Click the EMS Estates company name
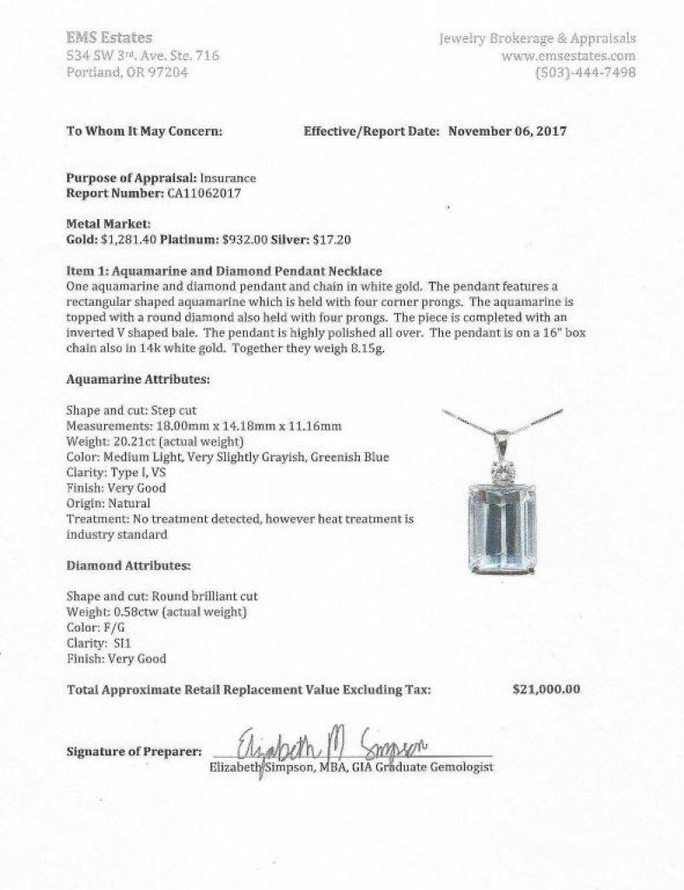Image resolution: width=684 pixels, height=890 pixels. (110, 37)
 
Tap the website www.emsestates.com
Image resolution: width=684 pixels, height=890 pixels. (568, 56)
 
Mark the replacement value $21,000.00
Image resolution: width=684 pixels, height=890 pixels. (546, 690)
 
